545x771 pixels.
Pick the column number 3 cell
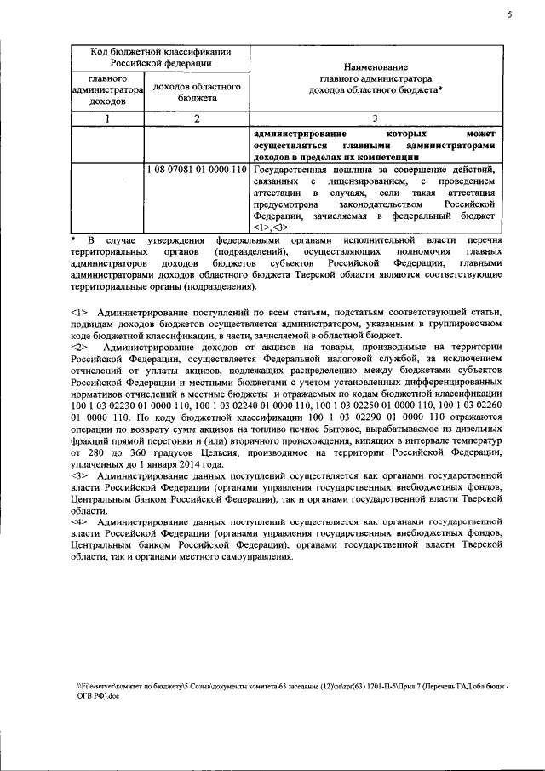375,118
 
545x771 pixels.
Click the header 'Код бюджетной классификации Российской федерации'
161,57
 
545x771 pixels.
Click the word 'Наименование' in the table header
375,66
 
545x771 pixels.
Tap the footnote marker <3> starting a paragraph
80,475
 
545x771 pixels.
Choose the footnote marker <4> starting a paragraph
80,520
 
